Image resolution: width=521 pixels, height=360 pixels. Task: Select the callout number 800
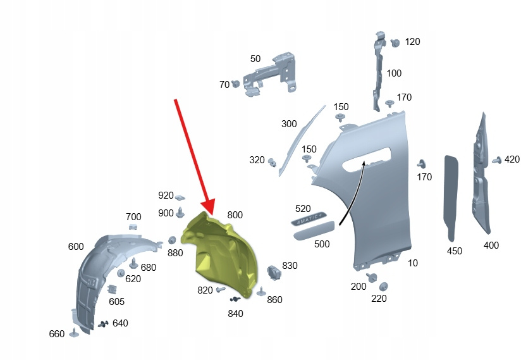click(x=235, y=215)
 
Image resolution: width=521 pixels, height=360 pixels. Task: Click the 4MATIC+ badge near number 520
click(x=309, y=218)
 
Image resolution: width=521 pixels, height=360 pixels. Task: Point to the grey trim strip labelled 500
click(x=314, y=230)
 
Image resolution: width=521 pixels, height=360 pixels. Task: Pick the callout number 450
click(x=454, y=251)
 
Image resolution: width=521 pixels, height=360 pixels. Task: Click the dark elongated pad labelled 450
click(x=451, y=198)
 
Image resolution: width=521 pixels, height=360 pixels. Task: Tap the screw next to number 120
click(x=395, y=43)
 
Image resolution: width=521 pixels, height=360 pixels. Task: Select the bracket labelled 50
click(x=270, y=75)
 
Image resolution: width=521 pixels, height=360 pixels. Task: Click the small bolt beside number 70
click(x=236, y=83)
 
